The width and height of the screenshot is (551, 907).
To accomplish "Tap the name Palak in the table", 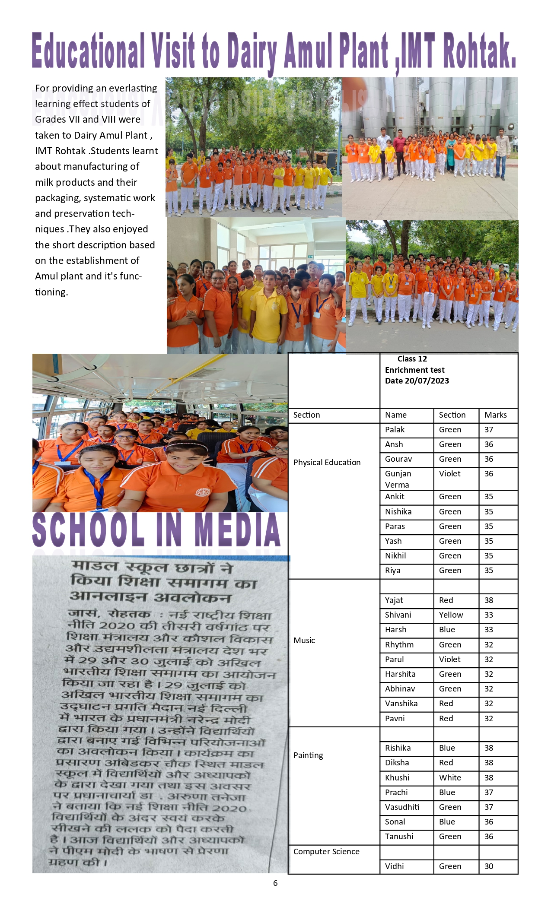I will pyautogui.click(x=395, y=430).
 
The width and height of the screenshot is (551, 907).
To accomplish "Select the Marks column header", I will pyautogui.click(x=495, y=415).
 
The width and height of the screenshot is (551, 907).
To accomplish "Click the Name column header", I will pyautogui.click(x=395, y=415).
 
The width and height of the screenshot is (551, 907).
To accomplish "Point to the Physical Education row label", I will pyautogui.click(x=327, y=463).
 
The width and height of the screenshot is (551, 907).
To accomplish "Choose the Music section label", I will pyautogui.click(x=304, y=641).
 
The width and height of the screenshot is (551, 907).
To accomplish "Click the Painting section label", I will pyautogui.click(x=308, y=755).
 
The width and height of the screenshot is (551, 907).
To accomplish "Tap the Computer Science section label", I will pyautogui.click(x=326, y=852).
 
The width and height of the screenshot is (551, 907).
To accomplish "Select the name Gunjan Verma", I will pyautogui.click(x=398, y=479).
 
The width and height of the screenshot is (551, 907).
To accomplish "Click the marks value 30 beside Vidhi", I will pyautogui.click(x=488, y=866).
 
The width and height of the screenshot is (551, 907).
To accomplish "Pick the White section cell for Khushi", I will pyautogui.click(x=450, y=778).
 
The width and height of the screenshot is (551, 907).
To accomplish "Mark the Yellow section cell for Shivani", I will pyautogui.click(x=451, y=615).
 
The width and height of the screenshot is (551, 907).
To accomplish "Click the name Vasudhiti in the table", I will pyautogui.click(x=402, y=807).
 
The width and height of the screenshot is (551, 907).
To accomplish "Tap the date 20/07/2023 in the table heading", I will pyautogui.click(x=427, y=381).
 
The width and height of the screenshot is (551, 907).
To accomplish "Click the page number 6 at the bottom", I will pyautogui.click(x=275, y=883).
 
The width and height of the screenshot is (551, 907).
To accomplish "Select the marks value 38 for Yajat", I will pyautogui.click(x=488, y=600).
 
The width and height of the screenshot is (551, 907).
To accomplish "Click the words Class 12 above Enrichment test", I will pyautogui.click(x=412, y=359).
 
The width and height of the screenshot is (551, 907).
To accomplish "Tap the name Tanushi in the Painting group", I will pyautogui.click(x=399, y=837).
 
